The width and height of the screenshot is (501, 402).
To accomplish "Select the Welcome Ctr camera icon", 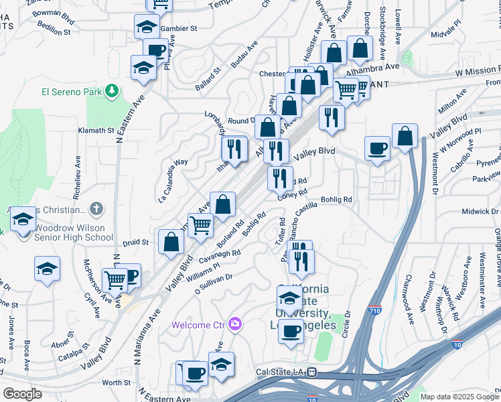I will pos(234,324).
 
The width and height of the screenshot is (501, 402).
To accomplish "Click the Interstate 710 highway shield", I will pos(376,311).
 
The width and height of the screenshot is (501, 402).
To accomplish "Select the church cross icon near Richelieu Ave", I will pos(96,209).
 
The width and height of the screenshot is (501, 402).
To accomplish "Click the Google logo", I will pos(21,394).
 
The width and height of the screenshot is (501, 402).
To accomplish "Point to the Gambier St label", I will pos(179,29).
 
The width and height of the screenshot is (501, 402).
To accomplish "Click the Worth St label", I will pos(117,383).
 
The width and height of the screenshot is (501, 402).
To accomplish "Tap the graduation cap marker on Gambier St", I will pos(146,27).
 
